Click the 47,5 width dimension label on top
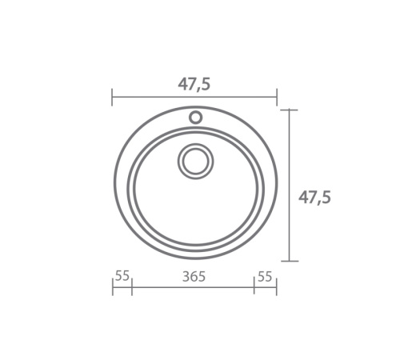194,85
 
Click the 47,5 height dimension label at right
314,198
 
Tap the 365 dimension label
194,277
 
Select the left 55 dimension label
122,275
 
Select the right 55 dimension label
265,277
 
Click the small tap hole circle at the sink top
195,118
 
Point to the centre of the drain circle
195,161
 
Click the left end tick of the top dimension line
112,97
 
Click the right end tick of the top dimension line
277,97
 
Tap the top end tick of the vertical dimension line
290,110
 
